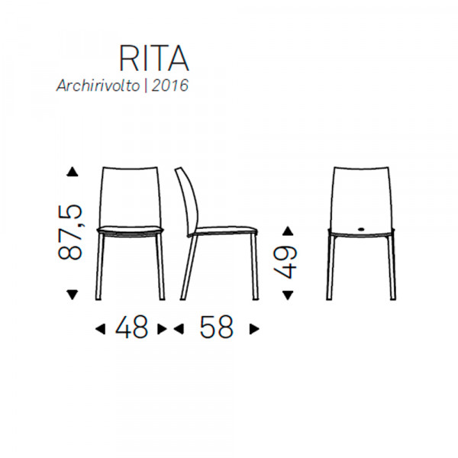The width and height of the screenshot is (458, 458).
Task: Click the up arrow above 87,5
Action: tap(73, 172)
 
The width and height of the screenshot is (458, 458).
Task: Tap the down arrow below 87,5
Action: tap(73, 294)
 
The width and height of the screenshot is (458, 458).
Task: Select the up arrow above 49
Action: tap(288, 230)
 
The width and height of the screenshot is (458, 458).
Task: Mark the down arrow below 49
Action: tap(288, 294)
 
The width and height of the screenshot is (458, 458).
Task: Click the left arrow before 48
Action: tap(99, 329)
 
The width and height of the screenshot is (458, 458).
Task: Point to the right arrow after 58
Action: tap(255, 329)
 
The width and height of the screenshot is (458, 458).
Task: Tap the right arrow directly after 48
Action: tap(161, 329)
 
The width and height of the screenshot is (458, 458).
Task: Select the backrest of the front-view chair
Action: tap(130, 195)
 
